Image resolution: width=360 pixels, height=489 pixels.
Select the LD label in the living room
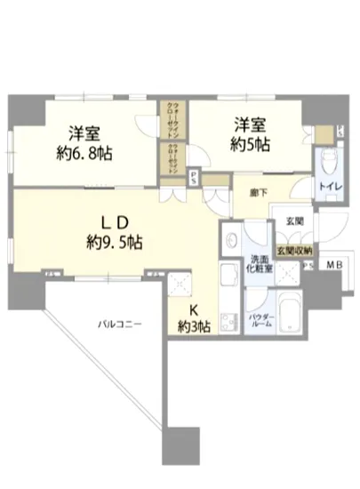tap(115, 221)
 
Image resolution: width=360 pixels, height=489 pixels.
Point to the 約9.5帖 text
tap(115, 241)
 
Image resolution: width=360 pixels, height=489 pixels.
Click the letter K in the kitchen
tap(192, 310)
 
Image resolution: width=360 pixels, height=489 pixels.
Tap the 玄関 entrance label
tap(294, 221)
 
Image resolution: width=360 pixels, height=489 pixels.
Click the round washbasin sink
tap(230, 239)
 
